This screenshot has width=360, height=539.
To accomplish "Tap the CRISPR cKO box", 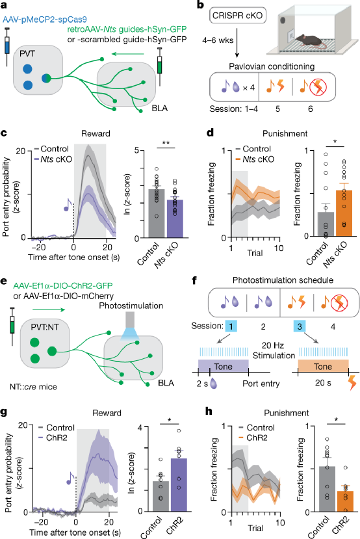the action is coord(237,16).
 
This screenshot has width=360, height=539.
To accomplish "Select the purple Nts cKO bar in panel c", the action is coord(175,218).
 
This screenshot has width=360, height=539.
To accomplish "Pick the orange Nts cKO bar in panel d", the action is coord(344,213).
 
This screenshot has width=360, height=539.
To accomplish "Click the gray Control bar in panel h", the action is coord(327,489).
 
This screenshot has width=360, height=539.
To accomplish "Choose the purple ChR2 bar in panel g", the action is coord(179,484).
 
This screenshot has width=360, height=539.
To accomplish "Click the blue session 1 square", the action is coord(231,326).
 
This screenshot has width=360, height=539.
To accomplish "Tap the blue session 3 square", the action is coord(300,326).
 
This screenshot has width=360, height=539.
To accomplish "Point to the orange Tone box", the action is coord(323,367).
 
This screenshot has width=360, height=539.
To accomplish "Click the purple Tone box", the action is coord(224,367).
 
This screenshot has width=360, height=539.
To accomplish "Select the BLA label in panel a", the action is coord(160,109).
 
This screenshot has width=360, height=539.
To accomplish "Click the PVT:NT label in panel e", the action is coord(45,327).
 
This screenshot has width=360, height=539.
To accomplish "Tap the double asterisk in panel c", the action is coord(166,142).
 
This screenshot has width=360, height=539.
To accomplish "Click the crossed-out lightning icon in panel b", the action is coord(318,88).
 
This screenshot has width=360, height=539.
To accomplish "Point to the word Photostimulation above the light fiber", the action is coord(131,306).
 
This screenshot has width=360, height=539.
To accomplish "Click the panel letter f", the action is coord(194,280).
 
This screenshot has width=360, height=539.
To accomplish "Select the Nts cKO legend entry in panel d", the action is coord(255,159).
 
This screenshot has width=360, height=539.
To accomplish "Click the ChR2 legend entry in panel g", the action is coord(52,438).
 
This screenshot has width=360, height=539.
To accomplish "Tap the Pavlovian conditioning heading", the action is coord(272,66).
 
